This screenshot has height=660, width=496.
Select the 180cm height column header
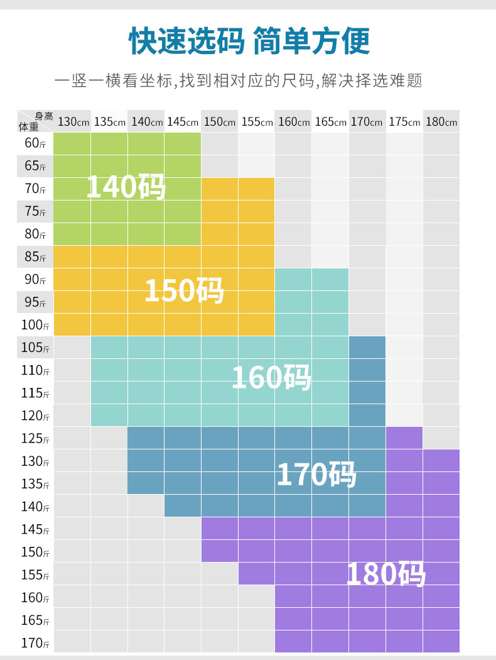[441, 122]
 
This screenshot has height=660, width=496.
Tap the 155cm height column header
[257, 122]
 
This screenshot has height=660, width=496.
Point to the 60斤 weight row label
[35, 143]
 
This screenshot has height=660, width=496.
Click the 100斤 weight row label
[35, 325]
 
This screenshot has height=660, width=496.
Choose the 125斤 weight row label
[35, 438]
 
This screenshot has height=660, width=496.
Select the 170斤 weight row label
[35, 642]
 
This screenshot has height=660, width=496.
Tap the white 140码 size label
[126, 187]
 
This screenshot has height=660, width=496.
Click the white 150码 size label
[184, 290]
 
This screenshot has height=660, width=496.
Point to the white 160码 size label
[271, 377]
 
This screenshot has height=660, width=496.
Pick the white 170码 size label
[316, 474]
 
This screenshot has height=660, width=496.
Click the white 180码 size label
[386, 574]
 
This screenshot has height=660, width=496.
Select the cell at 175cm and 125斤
[404, 438]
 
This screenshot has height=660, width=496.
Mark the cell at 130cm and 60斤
[72, 143]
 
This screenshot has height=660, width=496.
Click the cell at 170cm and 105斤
[367, 348]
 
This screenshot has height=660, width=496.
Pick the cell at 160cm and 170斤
[293, 642]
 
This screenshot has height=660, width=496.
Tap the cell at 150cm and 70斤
[220, 189]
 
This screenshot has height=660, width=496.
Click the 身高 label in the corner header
[44, 116]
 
